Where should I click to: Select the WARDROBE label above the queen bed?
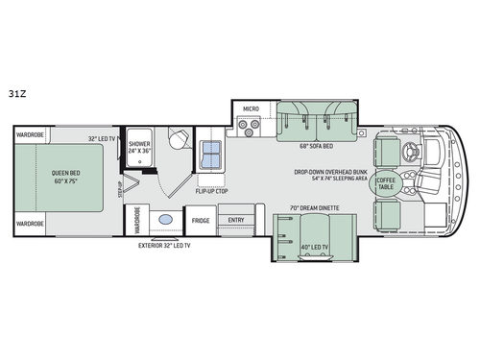point(31,135)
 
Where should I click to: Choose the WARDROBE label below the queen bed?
point(31,223)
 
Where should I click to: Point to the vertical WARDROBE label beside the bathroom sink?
point(138,220)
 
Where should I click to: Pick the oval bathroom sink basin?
point(165,220)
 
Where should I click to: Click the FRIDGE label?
point(201,221)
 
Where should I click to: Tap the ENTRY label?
point(235,220)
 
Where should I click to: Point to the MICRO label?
point(251,109)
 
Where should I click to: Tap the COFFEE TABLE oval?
point(386,182)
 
